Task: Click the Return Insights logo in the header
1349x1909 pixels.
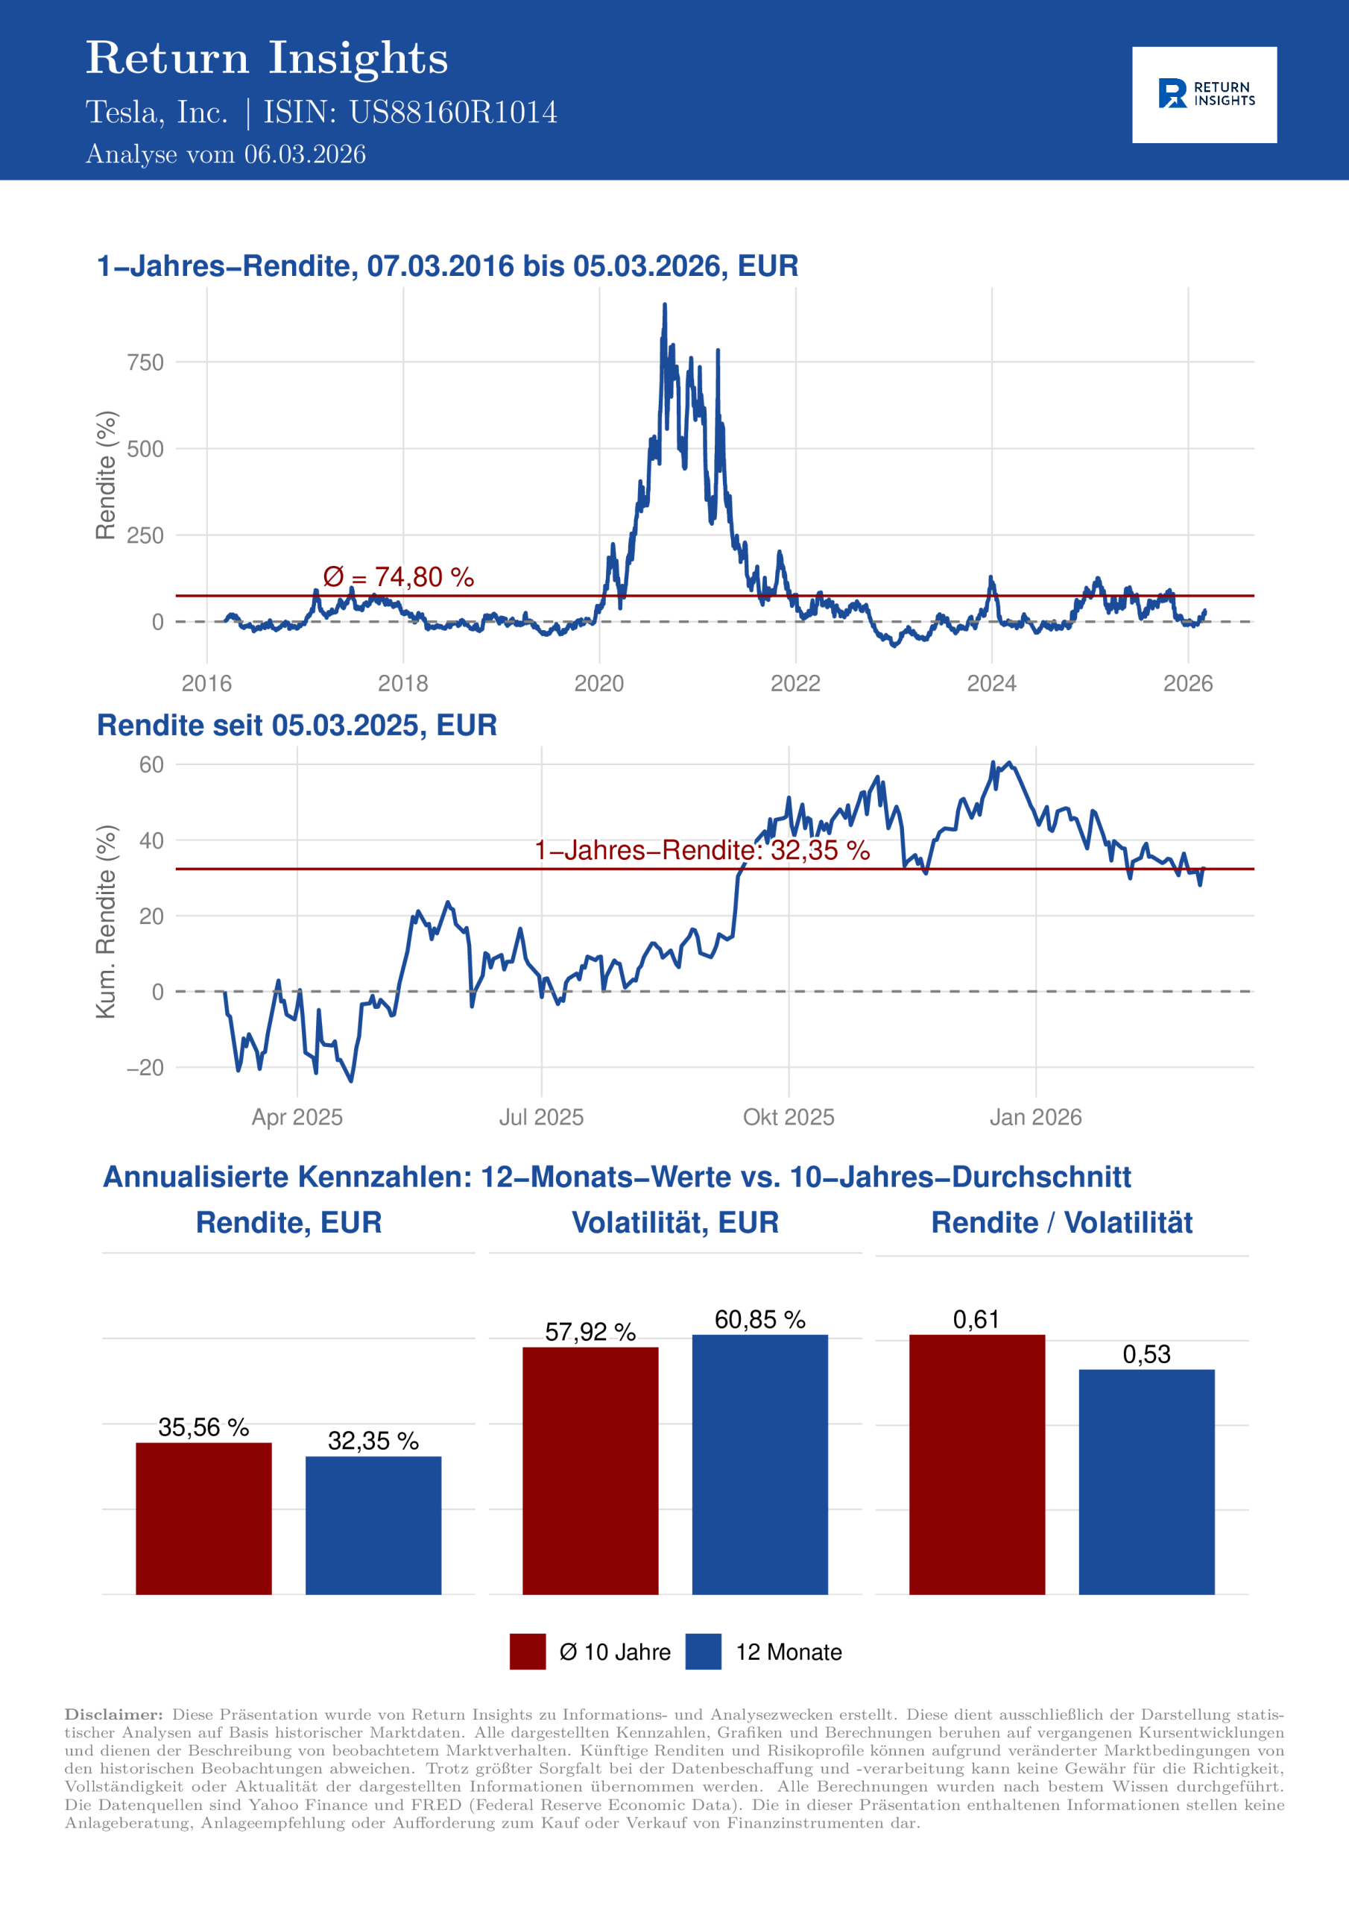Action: pyautogui.click(x=1204, y=94)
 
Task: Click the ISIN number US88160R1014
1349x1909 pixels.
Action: pyautogui.click(x=453, y=113)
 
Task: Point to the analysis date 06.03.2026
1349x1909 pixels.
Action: pyautogui.click(x=304, y=154)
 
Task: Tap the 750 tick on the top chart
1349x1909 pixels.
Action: pyautogui.click(x=145, y=362)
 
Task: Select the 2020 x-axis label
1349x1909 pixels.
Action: pyautogui.click(x=598, y=684)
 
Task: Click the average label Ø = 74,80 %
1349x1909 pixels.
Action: pyautogui.click(x=398, y=577)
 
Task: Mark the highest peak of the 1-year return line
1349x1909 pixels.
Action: pyautogui.click(x=664, y=306)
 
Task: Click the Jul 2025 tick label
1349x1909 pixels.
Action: pyautogui.click(x=541, y=1116)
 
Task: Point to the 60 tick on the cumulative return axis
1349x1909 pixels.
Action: pyautogui.click(x=151, y=764)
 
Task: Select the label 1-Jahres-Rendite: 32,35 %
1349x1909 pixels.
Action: pyautogui.click(x=701, y=850)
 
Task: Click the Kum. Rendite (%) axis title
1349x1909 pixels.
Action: pyautogui.click(x=106, y=921)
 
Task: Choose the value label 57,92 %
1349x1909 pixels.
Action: pyautogui.click(x=590, y=1332)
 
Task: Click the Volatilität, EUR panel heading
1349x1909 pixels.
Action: pyautogui.click(x=675, y=1222)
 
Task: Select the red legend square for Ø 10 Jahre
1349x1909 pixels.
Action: pyautogui.click(x=528, y=1651)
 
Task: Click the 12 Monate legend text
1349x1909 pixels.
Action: pyautogui.click(x=788, y=1652)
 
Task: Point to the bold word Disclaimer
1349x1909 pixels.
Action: pyautogui.click(x=114, y=1714)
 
